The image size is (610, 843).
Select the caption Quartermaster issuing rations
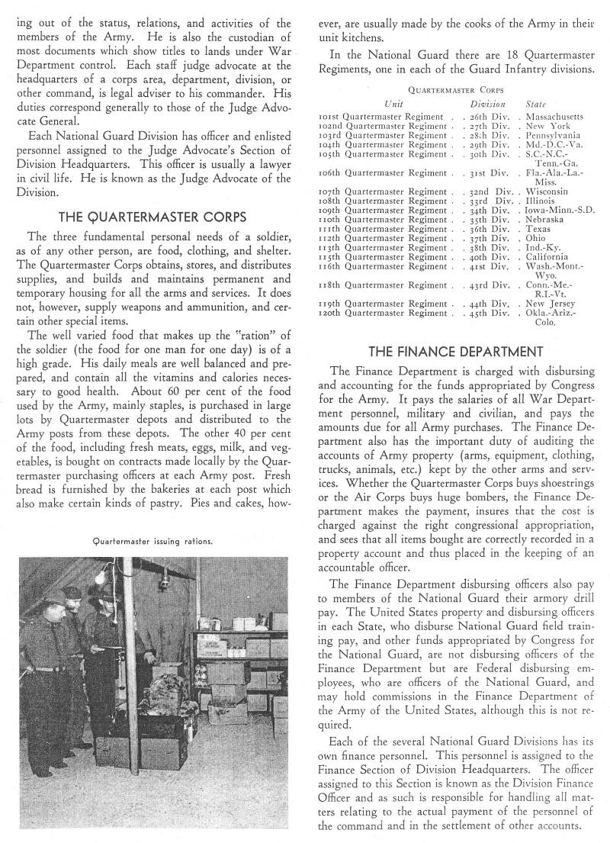pyautogui.click(x=152, y=542)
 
